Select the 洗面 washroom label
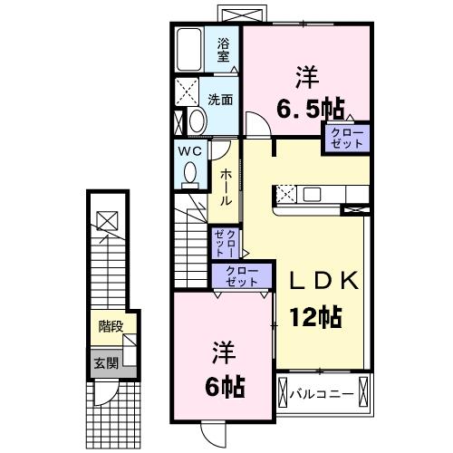pos(220,100)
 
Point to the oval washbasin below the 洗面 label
pos(196,122)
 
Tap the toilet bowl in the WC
pos(188,172)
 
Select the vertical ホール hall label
pos(225,187)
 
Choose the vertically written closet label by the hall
pos(226,245)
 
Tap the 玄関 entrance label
pos(105,362)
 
